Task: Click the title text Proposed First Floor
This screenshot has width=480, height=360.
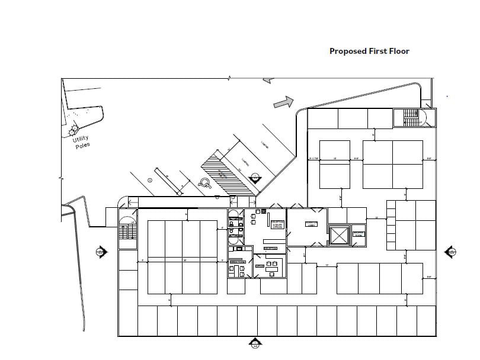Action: [369, 51]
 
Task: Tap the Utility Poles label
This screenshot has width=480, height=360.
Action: [81, 142]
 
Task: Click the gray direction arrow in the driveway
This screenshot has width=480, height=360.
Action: [284, 102]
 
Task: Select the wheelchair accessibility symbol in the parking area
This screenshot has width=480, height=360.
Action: [205, 183]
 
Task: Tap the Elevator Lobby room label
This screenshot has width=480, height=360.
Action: [312, 224]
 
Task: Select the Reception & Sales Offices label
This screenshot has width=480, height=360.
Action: [277, 224]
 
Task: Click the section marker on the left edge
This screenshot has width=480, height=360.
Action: [101, 252]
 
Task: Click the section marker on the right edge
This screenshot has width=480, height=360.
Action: [450, 252]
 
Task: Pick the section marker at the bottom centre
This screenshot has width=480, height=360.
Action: [255, 343]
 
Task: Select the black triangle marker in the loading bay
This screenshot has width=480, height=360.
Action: [255, 177]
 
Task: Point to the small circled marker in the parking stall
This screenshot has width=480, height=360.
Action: [150, 180]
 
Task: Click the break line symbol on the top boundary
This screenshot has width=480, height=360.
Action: [230, 78]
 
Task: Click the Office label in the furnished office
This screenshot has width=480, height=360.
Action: [260, 266]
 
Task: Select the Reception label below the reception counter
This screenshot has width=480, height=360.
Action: [270, 248]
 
